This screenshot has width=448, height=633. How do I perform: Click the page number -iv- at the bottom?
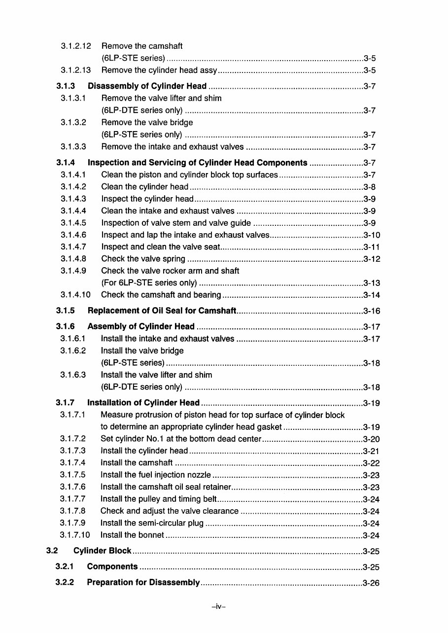[218, 607]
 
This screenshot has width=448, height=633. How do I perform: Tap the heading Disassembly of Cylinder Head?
[147, 86]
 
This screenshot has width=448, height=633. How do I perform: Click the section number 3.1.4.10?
[75, 295]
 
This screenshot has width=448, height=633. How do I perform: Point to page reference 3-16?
[371, 311]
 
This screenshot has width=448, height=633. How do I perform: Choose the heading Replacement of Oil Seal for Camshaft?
[162, 311]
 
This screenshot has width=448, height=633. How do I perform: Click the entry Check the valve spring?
[143, 259]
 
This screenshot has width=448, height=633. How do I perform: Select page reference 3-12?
[371, 259]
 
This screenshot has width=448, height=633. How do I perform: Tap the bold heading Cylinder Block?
[103, 551]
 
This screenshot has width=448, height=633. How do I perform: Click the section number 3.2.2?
[65, 583]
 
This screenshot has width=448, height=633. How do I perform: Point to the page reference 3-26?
[371, 583]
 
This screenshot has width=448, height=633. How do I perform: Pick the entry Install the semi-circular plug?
[152, 523]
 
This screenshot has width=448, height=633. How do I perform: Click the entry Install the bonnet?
[132, 535]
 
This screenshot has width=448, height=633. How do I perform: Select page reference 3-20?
[371, 439]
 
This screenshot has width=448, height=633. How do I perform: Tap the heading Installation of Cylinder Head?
[143, 403]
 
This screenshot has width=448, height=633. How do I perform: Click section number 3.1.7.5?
[73, 475]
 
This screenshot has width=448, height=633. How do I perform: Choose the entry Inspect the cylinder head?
[147, 199]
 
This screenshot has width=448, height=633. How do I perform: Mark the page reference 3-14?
[371, 295]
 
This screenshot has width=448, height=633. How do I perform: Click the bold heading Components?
[112, 567]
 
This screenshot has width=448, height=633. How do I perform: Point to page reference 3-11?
[371, 247]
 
